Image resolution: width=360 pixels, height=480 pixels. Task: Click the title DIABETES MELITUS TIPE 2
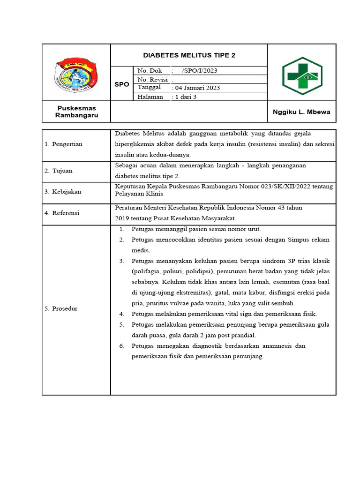point(189,55)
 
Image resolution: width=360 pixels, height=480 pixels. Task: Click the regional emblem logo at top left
point(76,73)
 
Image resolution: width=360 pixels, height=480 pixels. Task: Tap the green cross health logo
point(302,76)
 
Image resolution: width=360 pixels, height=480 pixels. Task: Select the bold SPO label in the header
point(121,84)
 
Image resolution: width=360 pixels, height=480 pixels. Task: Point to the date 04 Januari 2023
point(196,88)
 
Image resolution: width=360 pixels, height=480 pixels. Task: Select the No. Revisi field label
point(152,79)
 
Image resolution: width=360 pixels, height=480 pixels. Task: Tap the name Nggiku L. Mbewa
point(301,112)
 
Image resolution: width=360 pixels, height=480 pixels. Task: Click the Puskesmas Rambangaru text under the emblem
point(76,112)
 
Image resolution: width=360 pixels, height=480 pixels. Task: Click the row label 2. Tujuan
point(59,171)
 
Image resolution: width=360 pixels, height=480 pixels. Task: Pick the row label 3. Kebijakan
point(63,192)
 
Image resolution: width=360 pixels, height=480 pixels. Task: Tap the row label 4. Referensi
point(62,213)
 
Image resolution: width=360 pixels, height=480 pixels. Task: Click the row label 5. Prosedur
point(61,309)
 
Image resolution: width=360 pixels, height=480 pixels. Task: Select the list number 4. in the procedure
point(121,314)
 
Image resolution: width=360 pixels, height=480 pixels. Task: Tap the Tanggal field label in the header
point(149,87)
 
